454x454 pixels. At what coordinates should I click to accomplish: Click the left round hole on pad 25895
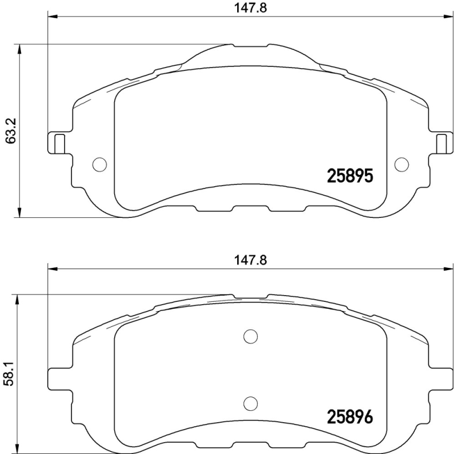tap(99, 164)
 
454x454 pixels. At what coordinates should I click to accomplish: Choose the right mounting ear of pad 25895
tap(442, 142)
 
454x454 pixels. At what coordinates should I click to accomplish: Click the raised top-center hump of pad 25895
tap(250, 54)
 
